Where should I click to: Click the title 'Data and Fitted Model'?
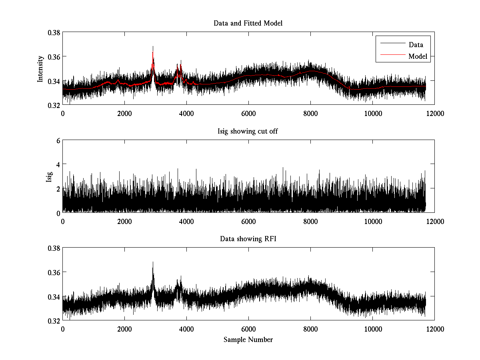(x=248, y=23)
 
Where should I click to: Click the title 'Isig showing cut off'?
(x=248, y=131)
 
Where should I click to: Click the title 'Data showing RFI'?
(x=248, y=239)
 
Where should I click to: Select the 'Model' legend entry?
(x=418, y=56)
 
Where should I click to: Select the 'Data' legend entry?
(x=416, y=45)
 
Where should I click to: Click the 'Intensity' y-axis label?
(x=40, y=68)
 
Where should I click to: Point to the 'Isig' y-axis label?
(x=49, y=176)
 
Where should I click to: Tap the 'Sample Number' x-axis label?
(x=248, y=340)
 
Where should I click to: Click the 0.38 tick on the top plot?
(x=54, y=32)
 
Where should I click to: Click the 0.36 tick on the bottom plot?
(x=54, y=272)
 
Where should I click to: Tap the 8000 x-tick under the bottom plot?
(x=310, y=329)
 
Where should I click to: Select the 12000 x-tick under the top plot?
(x=434, y=114)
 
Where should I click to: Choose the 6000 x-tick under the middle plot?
(x=248, y=221)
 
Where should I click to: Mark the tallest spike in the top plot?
(x=153, y=47)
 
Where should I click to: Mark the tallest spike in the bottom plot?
(x=153, y=263)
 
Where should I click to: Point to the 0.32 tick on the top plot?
(x=54, y=105)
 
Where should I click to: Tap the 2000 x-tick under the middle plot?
(x=124, y=221)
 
